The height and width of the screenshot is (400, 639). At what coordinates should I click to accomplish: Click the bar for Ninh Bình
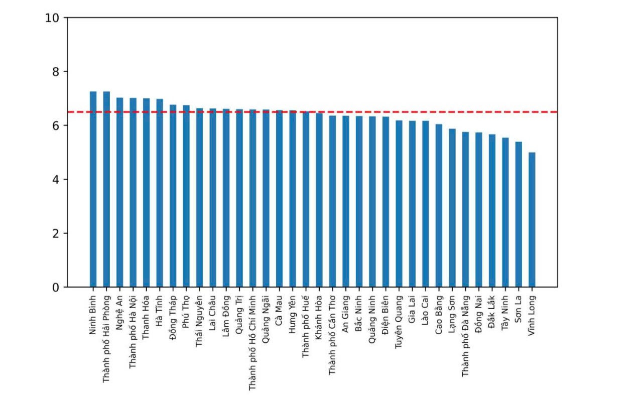pyautogui.click(x=93, y=189)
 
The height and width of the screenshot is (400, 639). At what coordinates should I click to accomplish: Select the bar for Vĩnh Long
pyautogui.click(x=532, y=220)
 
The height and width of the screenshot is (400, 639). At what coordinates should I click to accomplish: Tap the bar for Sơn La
pyautogui.click(x=519, y=214)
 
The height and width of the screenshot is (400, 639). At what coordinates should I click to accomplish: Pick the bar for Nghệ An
pyautogui.click(x=120, y=192)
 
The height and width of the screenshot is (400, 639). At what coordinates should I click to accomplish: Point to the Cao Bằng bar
pyautogui.click(x=439, y=205)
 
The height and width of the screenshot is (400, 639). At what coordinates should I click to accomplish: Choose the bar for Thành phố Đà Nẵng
pyautogui.click(x=465, y=209)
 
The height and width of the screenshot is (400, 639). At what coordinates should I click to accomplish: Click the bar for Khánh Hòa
pyautogui.click(x=319, y=200)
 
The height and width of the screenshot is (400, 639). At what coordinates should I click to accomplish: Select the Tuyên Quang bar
pyautogui.click(x=399, y=204)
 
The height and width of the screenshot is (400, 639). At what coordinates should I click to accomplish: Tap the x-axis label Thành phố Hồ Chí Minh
pyautogui.click(x=252, y=343)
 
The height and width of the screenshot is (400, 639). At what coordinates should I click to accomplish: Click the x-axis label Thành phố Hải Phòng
pyautogui.click(x=106, y=339)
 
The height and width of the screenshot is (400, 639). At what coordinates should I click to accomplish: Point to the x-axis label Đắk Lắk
pyautogui.click(x=492, y=312)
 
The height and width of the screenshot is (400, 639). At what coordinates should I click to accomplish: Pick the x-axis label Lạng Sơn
pyautogui.click(x=452, y=314)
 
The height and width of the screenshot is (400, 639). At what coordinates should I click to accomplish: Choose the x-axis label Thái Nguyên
pyautogui.click(x=199, y=321)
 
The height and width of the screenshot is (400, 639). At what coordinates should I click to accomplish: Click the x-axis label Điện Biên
pyautogui.click(x=386, y=314)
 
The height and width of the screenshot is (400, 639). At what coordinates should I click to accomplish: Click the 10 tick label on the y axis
pyautogui.click(x=52, y=18)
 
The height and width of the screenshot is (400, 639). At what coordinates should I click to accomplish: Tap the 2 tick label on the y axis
pyautogui.click(x=56, y=234)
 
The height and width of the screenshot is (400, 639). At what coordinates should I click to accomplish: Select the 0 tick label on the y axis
pyautogui.click(x=56, y=288)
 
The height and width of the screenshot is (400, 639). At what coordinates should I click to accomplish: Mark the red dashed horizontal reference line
pyautogui.click(x=313, y=112)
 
